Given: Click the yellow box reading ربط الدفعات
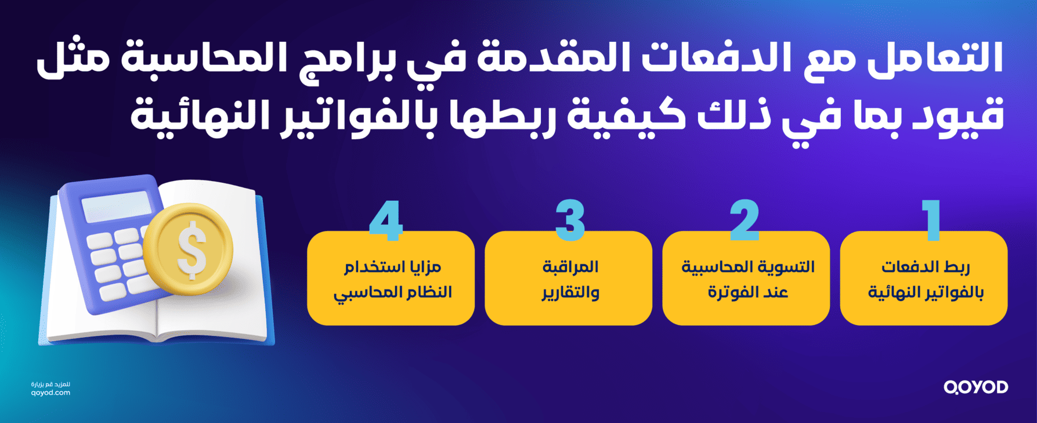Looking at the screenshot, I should [924, 279].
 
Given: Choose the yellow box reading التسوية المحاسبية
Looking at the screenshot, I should [746, 279].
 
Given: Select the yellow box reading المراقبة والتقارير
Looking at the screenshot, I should [569, 279].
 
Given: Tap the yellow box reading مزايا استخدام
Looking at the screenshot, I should [391, 279].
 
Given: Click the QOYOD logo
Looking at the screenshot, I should [975, 387].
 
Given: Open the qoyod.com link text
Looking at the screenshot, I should [50, 393].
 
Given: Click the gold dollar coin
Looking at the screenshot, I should [189, 250].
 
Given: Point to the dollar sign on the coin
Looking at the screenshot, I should [191, 250].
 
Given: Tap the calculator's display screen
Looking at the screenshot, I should [116, 206].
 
